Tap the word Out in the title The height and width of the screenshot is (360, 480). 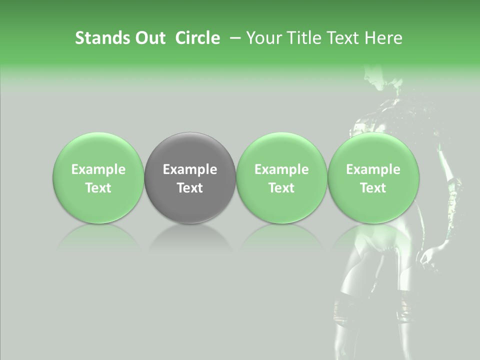148,38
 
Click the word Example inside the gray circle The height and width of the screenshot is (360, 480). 190,169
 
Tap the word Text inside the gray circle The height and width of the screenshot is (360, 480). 190,188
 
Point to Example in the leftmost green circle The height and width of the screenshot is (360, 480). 98,169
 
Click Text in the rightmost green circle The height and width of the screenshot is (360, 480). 373,188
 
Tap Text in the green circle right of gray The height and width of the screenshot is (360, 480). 281,188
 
